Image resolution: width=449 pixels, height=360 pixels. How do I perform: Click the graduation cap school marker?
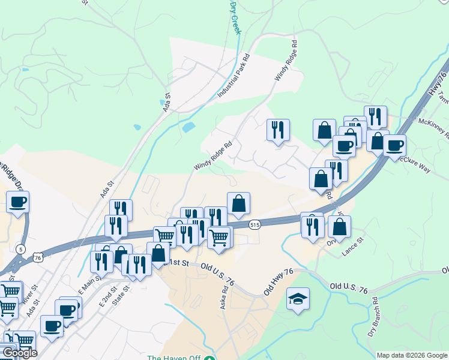pos(298,299)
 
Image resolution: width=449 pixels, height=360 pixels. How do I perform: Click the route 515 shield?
pos(255,224)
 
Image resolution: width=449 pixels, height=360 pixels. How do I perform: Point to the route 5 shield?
pos(22,248)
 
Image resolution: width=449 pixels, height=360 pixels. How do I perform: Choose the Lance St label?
pos(353,248)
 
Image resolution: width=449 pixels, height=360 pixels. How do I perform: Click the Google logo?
pos(19,353)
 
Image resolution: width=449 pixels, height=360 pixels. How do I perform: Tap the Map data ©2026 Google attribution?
pos(412,355)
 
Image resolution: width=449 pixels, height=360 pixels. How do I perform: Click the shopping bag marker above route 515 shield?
pos(238,203)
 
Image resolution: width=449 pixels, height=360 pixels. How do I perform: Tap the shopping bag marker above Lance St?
pos(340,227)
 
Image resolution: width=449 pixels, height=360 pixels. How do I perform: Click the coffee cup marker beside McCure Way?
pos(394,145)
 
